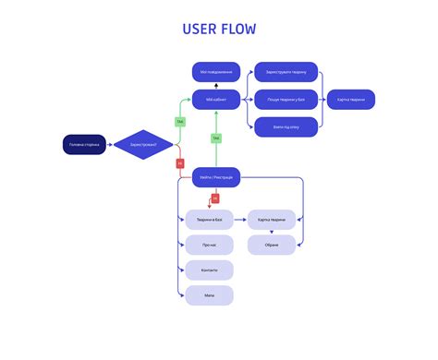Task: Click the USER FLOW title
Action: pyautogui.click(x=219, y=29)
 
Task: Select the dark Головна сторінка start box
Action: pyautogui.click(x=86, y=145)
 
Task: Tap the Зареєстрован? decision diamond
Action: pyautogui.click(x=142, y=145)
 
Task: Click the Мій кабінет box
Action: pyautogui.click(x=216, y=100)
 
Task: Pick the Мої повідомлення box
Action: pyautogui.click(x=216, y=72)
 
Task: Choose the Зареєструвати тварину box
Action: pyautogui.click(x=286, y=72)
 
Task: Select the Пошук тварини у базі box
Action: pyautogui.click(x=286, y=100)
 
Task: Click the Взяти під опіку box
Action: pyautogui.click(x=286, y=127)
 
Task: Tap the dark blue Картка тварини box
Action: pyautogui.click(x=351, y=100)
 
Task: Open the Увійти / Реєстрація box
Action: pyautogui.click(x=216, y=176)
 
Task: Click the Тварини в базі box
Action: pyautogui.click(x=209, y=220)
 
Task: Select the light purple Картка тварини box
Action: pyautogui.click(x=272, y=220)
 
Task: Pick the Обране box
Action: pyautogui.click(x=272, y=245)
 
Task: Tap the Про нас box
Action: pyautogui.click(x=209, y=245)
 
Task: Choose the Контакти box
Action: pyautogui.click(x=209, y=270)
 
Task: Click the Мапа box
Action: pyautogui.click(x=209, y=295)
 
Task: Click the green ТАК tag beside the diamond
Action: pyautogui.click(x=180, y=121)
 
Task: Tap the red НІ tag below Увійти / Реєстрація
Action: pyautogui.click(x=215, y=198)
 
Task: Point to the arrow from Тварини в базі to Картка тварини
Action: pyautogui.click(x=240, y=220)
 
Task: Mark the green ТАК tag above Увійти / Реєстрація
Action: pyautogui.click(x=216, y=138)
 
